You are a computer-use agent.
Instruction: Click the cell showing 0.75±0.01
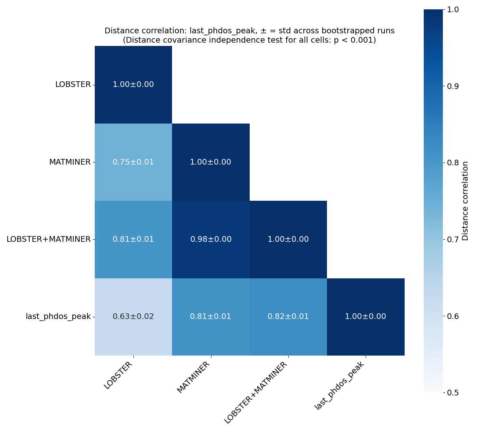133,162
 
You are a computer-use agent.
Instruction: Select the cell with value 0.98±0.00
211,239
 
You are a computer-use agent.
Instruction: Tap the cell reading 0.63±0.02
133,317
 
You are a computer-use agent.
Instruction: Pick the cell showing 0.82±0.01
288,317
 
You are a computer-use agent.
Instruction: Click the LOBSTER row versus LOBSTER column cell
133,85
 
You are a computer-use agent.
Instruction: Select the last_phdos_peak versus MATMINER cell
211,317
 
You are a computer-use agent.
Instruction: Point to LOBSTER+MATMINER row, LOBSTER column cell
133,239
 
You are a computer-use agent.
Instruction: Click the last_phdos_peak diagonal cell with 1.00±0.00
365,317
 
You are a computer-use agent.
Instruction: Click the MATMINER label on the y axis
70,162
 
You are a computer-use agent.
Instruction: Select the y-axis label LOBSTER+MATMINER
48,239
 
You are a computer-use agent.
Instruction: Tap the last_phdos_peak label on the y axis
58,317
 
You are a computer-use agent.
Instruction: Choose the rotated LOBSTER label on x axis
118,375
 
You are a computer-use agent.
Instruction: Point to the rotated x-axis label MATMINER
194,378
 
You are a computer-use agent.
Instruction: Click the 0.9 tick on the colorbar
453,86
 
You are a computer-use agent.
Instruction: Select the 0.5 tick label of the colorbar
453,393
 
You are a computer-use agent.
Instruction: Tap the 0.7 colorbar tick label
453,239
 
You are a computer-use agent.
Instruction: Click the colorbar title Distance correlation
466,201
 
